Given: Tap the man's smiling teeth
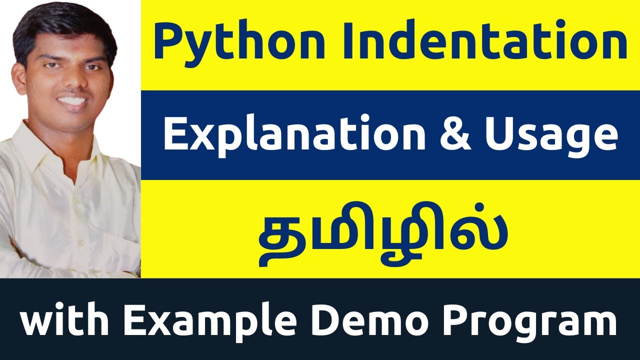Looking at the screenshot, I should coord(72,100).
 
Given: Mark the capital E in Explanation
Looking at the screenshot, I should coord(174,135).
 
